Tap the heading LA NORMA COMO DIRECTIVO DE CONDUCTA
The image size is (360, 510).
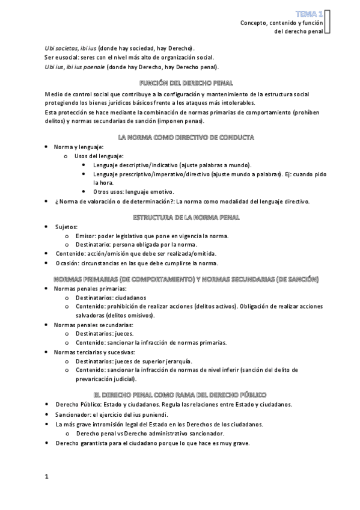179,137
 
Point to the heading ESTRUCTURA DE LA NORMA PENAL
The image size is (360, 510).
179,217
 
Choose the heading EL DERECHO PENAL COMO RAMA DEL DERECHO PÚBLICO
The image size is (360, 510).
179,395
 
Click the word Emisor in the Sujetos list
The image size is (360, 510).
85,236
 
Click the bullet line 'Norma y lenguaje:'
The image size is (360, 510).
79,147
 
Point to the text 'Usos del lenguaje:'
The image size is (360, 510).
99,156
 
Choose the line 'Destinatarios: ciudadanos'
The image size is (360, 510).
111,298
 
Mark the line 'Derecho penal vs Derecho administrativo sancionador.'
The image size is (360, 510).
150,433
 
